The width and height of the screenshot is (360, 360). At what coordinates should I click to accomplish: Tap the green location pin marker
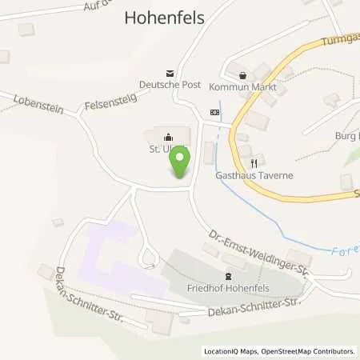[x=179, y=164]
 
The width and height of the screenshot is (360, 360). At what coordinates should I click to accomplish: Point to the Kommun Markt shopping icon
[x=241, y=74]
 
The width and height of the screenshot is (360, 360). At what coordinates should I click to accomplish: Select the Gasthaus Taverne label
[x=254, y=174]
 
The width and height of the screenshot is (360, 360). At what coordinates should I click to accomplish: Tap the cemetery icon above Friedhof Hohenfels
[x=195, y=276]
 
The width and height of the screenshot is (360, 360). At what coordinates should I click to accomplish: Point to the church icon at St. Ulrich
[x=169, y=135]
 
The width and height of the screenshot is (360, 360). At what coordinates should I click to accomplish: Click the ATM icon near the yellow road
[x=214, y=112]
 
